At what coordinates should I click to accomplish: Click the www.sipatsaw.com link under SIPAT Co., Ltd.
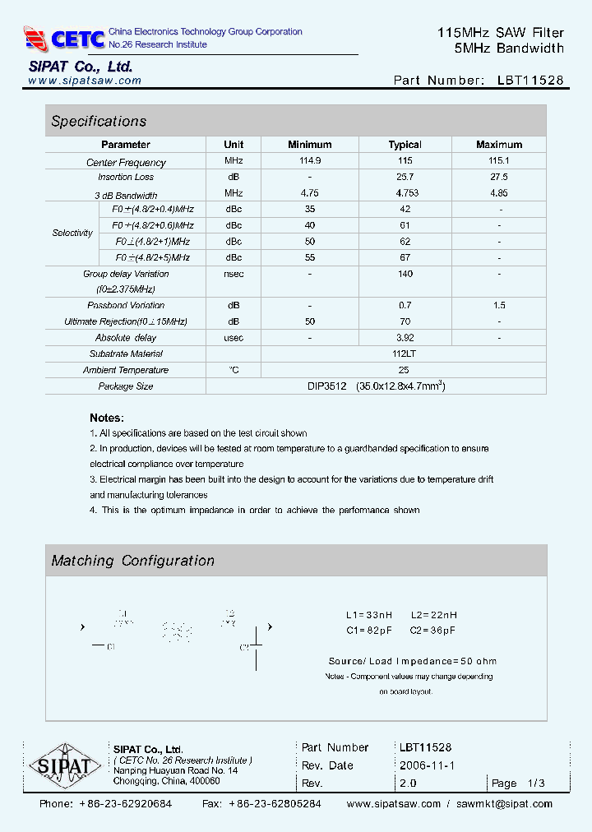[85, 81]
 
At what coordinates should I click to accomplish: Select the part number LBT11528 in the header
[530, 81]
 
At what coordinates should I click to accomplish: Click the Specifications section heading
[99, 121]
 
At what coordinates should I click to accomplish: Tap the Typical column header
[405, 145]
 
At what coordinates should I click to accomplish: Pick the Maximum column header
[498, 145]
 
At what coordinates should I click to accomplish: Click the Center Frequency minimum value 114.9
[310, 161]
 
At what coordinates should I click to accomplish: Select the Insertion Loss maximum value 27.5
[498, 177]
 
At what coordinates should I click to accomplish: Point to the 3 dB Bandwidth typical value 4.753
[405, 193]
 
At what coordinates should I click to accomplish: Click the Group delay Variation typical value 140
[405, 274]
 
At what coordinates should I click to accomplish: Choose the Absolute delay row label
[126, 338]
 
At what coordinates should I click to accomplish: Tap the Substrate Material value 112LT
[405, 354]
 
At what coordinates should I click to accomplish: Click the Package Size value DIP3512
[326, 386]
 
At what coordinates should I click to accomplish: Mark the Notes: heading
[107, 418]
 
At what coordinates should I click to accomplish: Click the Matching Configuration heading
[132, 561]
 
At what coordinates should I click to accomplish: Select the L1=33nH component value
[369, 615]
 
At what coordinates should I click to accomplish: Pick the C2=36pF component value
[432, 630]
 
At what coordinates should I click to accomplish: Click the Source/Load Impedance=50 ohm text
[412, 661]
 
